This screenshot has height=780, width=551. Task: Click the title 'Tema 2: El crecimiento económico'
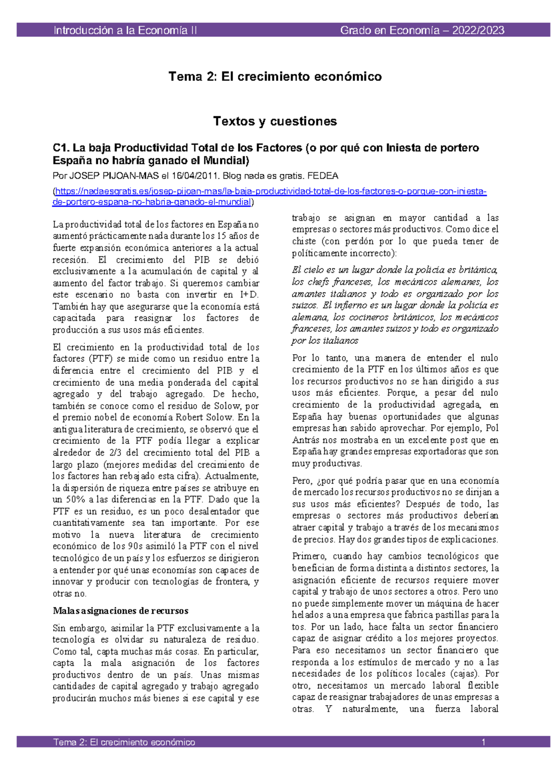coord(275,76)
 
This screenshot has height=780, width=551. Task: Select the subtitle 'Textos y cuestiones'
coord(275,121)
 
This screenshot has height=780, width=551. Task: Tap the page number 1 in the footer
coord(484,742)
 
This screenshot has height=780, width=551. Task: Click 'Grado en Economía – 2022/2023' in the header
coord(422,30)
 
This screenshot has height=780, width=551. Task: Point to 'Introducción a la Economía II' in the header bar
coord(125,30)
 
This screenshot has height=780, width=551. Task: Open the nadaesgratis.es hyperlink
coord(270,192)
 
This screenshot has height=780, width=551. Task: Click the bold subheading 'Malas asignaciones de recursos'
coord(120,611)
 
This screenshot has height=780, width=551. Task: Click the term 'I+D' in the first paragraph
coord(249,295)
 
